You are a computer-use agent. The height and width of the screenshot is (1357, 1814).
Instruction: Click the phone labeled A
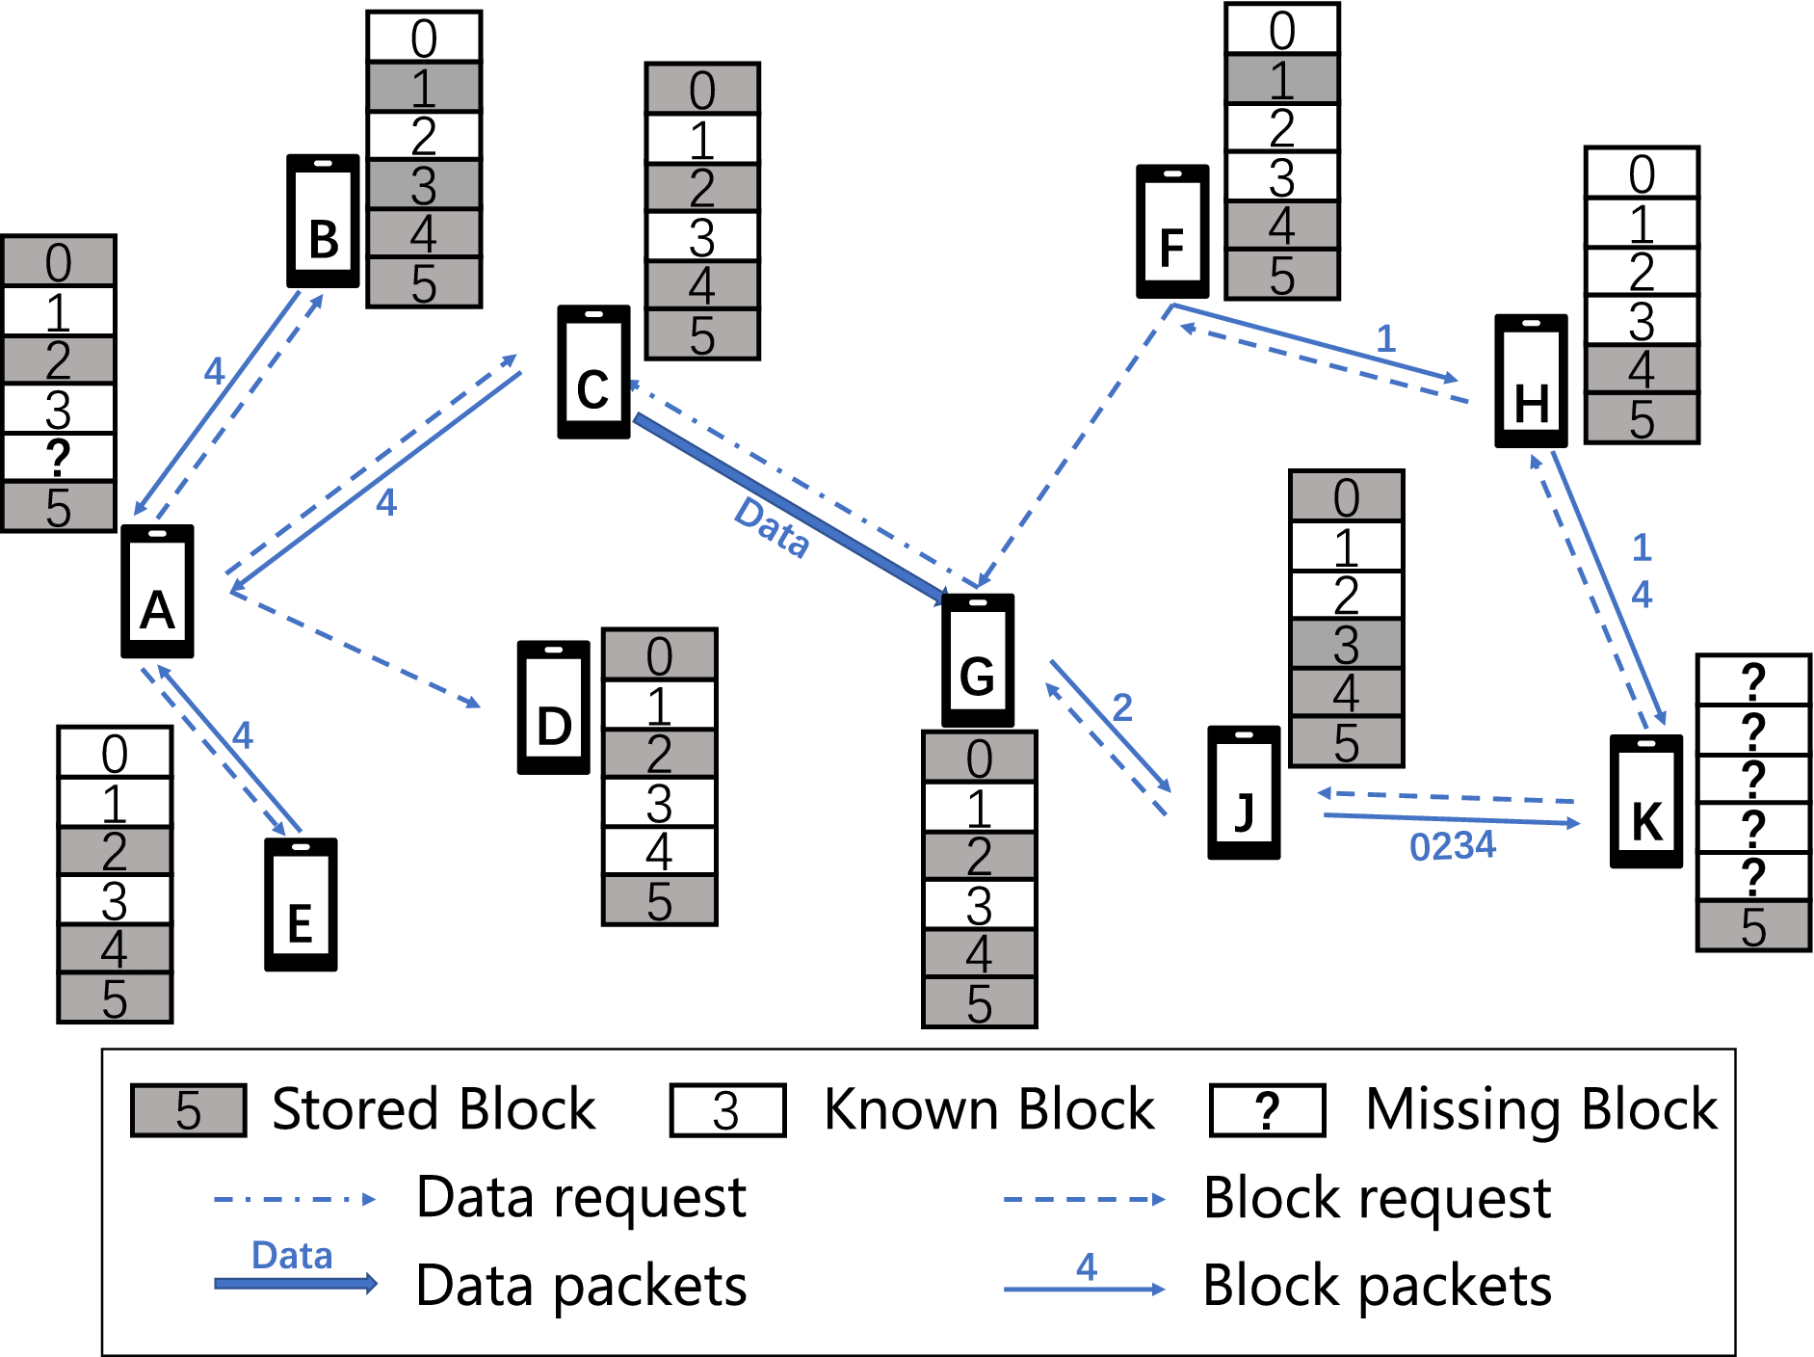click(157, 591)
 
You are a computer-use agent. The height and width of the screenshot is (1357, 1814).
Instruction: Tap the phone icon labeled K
click(1646, 801)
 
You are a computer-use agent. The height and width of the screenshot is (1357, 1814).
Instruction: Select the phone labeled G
click(977, 660)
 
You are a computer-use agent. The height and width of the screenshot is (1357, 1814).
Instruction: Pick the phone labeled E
click(301, 904)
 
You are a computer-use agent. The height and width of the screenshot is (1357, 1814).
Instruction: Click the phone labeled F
click(1172, 231)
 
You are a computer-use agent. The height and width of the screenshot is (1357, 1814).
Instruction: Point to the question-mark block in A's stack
click(59, 458)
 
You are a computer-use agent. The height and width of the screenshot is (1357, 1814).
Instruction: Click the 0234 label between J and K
click(1452, 846)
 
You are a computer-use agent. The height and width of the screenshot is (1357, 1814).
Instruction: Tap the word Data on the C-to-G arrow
click(772, 527)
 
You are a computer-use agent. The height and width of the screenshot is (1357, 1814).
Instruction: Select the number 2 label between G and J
click(1122, 707)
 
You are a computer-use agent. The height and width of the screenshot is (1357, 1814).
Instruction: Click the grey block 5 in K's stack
click(1753, 926)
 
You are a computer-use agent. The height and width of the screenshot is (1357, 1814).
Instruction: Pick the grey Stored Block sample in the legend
click(189, 1110)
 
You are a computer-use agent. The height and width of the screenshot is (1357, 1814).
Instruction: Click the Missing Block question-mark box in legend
click(1268, 1110)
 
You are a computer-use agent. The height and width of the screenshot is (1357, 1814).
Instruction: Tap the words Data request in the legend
click(581, 1198)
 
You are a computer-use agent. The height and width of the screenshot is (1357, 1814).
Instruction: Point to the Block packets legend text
click(1377, 1286)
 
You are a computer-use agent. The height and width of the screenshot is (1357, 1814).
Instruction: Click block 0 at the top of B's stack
click(424, 38)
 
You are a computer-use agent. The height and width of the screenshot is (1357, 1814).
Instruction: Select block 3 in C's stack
click(702, 237)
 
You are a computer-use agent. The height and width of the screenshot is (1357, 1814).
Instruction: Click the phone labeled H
click(1531, 381)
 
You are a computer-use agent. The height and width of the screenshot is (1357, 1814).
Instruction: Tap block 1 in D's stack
click(659, 705)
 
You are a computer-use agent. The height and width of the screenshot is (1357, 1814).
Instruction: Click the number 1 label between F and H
click(1385, 338)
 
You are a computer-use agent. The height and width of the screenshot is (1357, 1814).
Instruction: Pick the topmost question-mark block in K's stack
click(1753, 680)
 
